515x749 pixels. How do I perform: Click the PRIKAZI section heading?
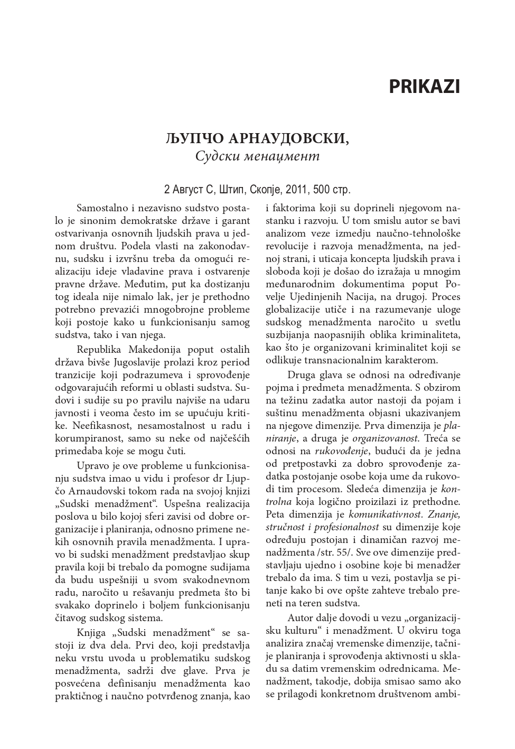pyautogui.click(x=424, y=87)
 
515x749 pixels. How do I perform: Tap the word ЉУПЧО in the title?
pyautogui.click(x=195, y=139)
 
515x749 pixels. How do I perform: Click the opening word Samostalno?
pyautogui.click(x=103, y=207)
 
